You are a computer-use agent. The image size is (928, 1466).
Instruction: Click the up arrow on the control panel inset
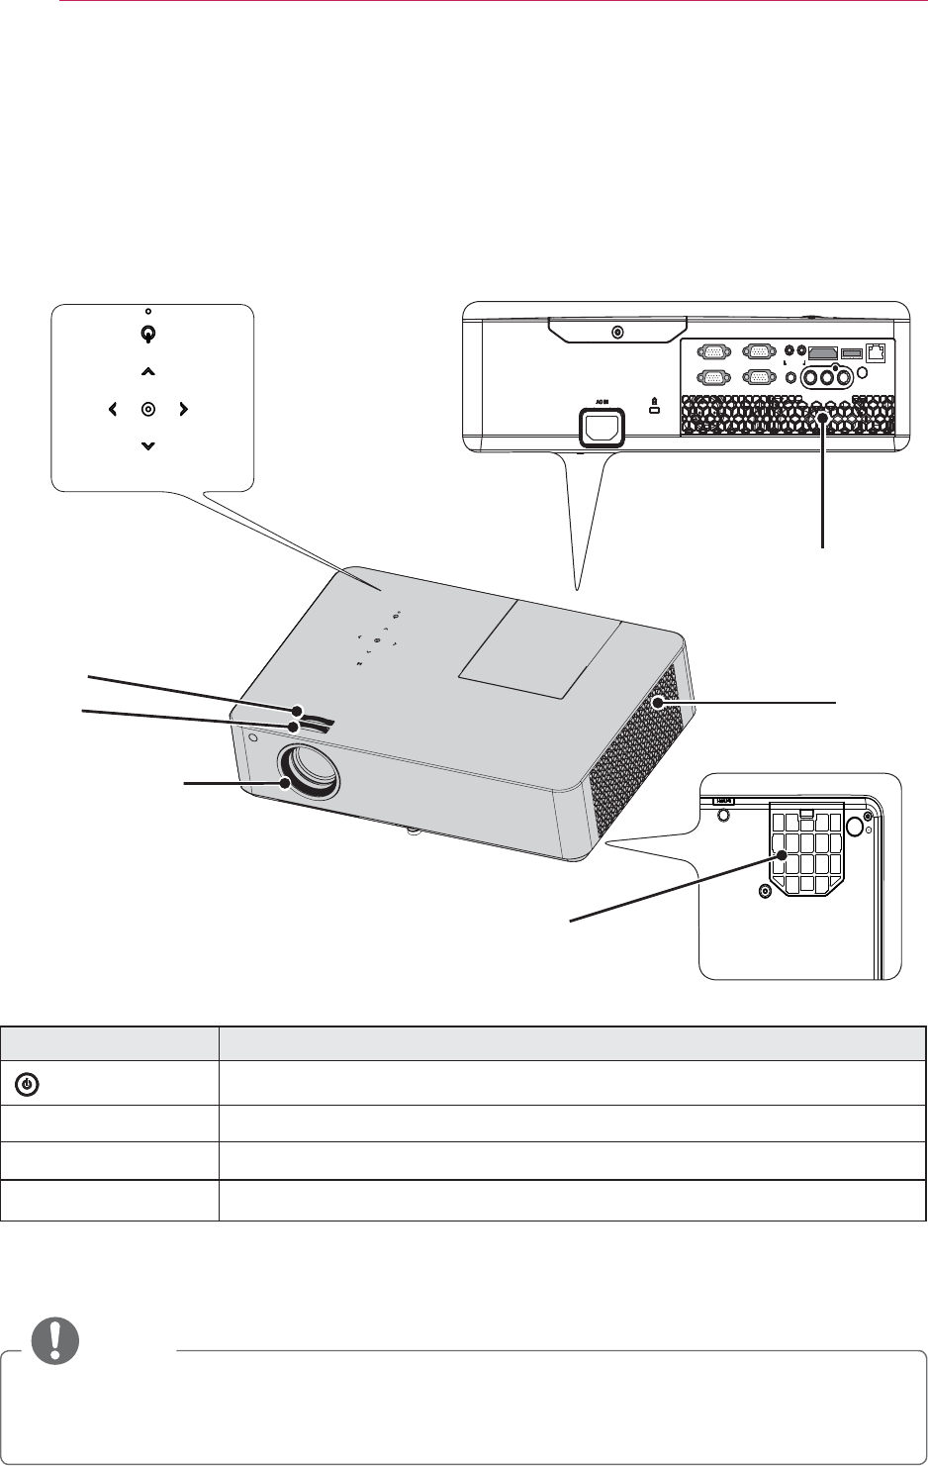pyautogui.click(x=147, y=372)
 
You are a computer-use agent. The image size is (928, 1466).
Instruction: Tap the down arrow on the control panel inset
pyautogui.click(x=147, y=446)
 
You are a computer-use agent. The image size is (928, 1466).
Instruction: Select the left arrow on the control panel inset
pyautogui.click(x=112, y=409)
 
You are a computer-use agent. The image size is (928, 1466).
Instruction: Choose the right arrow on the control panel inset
pyautogui.click(x=183, y=409)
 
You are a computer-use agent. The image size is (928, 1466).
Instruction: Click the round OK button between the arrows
pyautogui.click(x=147, y=409)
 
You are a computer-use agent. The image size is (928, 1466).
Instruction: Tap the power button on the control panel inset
pyautogui.click(x=147, y=335)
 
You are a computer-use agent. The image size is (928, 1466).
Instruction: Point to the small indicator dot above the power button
pyautogui.click(x=147, y=312)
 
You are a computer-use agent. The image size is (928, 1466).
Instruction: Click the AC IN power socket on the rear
pyautogui.click(x=602, y=427)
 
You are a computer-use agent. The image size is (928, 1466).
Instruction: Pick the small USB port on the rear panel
pyautogui.click(x=851, y=351)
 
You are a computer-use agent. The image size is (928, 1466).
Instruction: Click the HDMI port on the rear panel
pyautogui.click(x=822, y=351)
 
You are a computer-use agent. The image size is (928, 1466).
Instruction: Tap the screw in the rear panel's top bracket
pyautogui.click(x=618, y=333)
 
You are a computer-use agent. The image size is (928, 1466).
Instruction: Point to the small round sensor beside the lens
pyautogui.click(x=254, y=737)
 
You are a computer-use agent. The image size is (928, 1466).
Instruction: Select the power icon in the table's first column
pyautogui.click(x=29, y=1085)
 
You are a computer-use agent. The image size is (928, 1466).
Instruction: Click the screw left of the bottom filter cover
pyautogui.click(x=763, y=892)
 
